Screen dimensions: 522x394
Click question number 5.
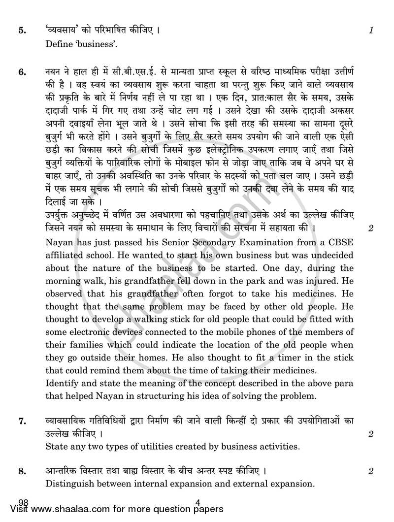[22, 31]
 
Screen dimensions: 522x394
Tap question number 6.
[22, 72]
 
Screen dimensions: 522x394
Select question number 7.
[22, 421]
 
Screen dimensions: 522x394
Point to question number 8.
[22, 471]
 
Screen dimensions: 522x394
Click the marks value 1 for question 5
[371, 31]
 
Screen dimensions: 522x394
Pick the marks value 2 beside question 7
[370, 434]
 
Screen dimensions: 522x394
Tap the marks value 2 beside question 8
[370, 471]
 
